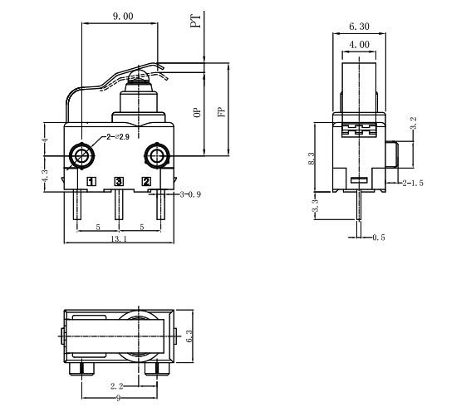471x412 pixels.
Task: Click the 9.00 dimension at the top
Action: tap(122, 15)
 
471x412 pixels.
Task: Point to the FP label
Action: tap(221, 112)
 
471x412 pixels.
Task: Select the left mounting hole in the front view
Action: tap(81, 155)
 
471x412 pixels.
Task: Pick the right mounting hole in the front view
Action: tap(155, 155)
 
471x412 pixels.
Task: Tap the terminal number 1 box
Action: tap(91, 181)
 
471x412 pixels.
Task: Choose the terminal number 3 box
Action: tap(119, 181)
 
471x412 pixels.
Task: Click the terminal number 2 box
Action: tap(146, 181)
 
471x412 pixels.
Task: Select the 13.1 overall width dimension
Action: tap(119, 240)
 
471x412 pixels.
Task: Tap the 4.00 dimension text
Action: tap(358, 43)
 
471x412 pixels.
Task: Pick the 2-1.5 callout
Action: tap(413, 181)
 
